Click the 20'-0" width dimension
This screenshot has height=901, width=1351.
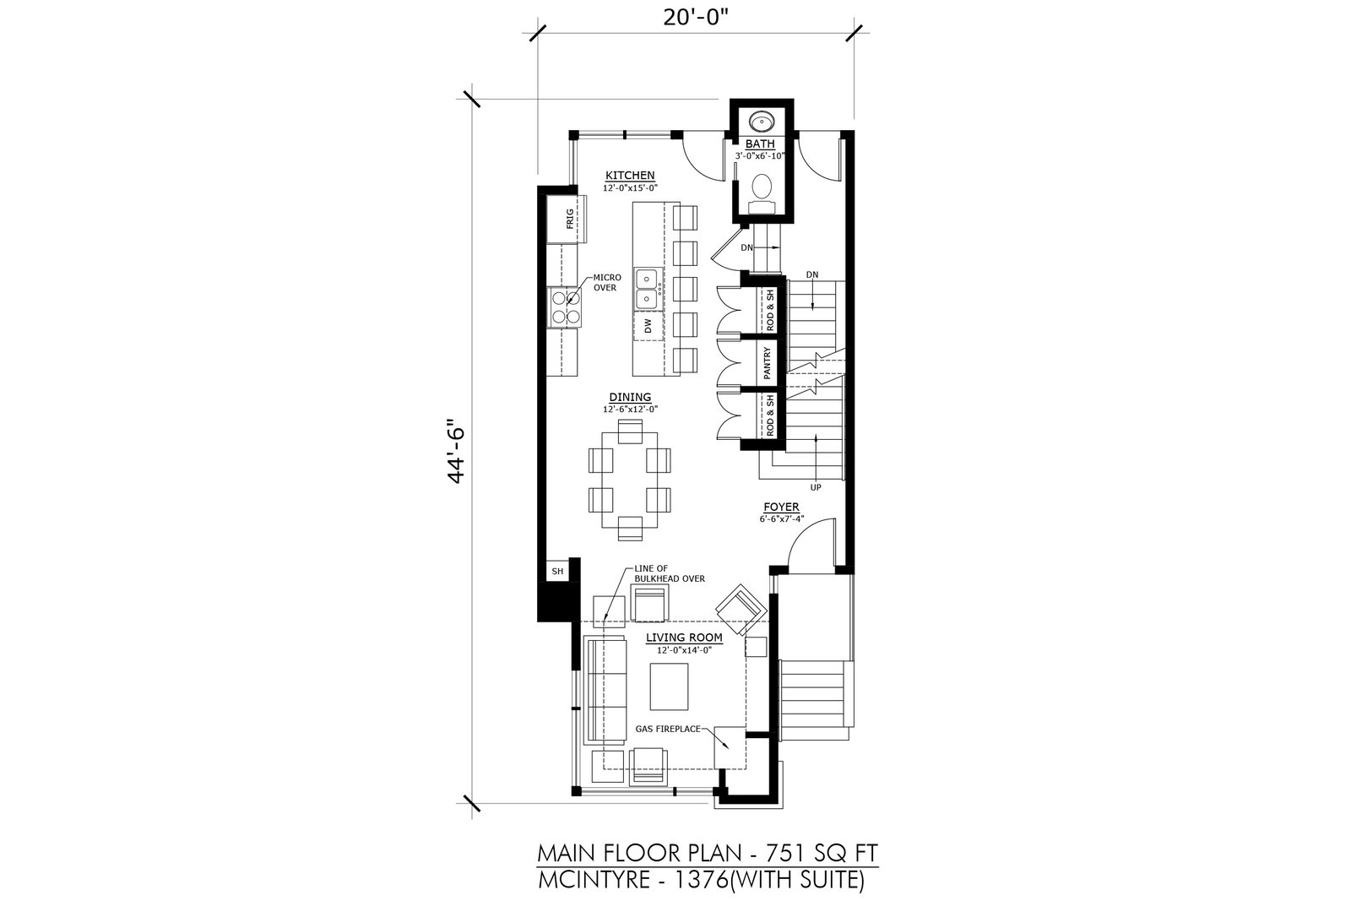pyautogui.click(x=696, y=18)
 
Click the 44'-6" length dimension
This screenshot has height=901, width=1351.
pyautogui.click(x=456, y=451)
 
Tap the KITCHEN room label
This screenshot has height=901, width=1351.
pyautogui.click(x=630, y=175)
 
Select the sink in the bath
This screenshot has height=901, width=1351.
pyautogui.click(x=762, y=122)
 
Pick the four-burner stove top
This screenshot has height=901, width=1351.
pyautogui.click(x=143, y=307)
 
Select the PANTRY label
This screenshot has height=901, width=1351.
pyautogui.click(x=768, y=362)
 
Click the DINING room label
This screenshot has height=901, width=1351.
pyautogui.click(x=630, y=397)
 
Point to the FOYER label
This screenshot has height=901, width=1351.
pyautogui.click(x=781, y=507)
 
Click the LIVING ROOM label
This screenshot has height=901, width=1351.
pyautogui.click(x=684, y=638)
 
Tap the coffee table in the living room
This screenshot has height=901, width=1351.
pyautogui.click(x=669, y=687)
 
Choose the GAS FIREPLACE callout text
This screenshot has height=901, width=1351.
pyautogui.click(x=668, y=729)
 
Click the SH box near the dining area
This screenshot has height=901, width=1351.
pyautogui.click(x=558, y=571)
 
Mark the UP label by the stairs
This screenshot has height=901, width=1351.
pyautogui.click(x=816, y=487)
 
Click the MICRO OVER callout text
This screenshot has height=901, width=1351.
pyautogui.click(x=607, y=283)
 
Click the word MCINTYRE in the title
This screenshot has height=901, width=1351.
pyautogui.click(x=594, y=881)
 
